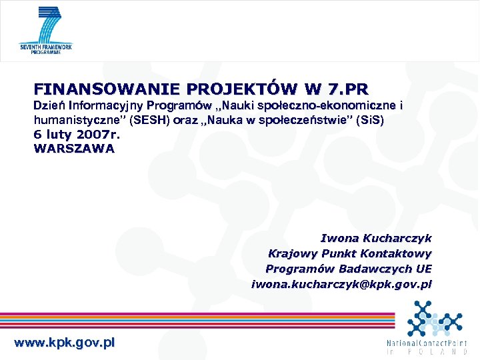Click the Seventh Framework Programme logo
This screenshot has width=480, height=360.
coord(46,31)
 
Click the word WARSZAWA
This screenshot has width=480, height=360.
coord(74,149)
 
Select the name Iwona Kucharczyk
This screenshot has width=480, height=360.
coord(376,238)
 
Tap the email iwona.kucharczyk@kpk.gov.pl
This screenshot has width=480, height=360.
coord(341,284)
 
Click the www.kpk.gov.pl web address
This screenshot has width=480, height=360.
coord(64,343)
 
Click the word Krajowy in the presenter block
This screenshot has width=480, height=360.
coord(291,253)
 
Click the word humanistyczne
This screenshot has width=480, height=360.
coord(73,121)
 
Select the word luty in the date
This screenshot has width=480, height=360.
coord(55,135)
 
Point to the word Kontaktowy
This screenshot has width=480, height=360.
coord(396,253)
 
